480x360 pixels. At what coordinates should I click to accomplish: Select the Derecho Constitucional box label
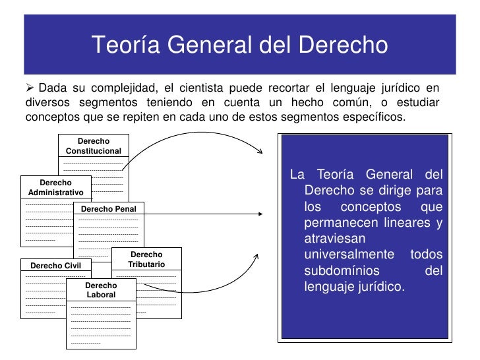[94, 146]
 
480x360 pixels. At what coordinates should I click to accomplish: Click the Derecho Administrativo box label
[56, 187]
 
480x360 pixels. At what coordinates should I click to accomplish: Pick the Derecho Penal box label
[108, 209]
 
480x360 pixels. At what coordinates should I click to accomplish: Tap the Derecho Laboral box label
[101, 290]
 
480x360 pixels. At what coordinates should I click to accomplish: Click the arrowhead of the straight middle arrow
[261, 213]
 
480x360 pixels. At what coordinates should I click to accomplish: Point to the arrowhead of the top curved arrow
[260, 154]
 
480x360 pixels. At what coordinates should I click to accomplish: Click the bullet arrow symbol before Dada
[30, 89]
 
